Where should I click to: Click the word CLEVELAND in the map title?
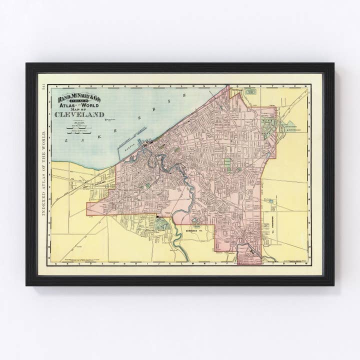[x=79, y=114]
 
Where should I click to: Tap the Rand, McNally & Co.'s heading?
[x=79, y=98]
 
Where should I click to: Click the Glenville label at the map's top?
[x=236, y=91]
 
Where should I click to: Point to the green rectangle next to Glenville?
[x=250, y=91]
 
